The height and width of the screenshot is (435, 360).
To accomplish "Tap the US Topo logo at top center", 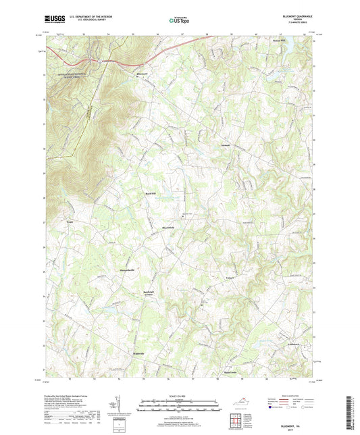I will (x=179, y=20).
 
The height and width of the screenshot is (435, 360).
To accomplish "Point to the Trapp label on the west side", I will (x=69, y=220).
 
